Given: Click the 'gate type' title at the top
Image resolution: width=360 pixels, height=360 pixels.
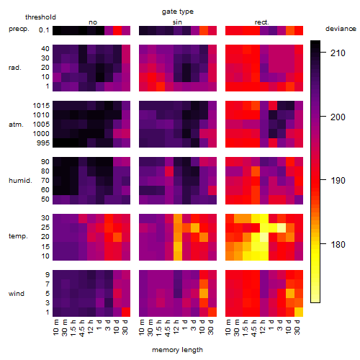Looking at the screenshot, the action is [178, 12].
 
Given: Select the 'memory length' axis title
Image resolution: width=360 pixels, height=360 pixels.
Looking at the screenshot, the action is [177, 350].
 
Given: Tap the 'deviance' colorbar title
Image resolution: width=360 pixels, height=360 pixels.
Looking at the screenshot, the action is [341, 29].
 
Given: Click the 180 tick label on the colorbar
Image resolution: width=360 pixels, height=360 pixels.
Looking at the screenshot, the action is [338, 245].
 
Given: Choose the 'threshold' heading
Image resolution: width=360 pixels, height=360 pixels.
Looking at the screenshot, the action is [40, 17].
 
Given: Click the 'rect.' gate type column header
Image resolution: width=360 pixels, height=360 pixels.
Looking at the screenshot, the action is [261, 22].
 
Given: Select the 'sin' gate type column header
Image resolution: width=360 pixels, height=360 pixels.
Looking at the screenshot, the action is [177, 22].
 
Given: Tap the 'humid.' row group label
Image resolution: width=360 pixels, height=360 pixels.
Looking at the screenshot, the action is [20, 181].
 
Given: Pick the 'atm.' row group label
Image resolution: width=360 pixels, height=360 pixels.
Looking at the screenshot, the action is [16, 125].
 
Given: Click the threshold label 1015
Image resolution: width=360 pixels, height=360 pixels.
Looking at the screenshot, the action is [41, 106].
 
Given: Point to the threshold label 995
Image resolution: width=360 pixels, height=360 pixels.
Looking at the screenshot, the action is [43, 143].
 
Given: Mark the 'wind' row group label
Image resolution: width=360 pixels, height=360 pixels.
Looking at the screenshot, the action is [17, 294].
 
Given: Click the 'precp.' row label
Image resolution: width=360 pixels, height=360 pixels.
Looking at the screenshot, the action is [19, 29].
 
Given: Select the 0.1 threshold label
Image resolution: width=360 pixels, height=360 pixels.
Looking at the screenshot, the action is [44, 30].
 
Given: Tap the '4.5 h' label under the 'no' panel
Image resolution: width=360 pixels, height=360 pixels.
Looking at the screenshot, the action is [81, 328].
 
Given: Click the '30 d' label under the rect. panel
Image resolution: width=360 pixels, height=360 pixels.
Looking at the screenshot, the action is [297, 327].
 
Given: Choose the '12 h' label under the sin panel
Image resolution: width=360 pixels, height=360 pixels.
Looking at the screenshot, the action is [176, 327].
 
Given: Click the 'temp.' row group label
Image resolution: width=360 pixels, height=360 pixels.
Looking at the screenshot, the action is [18, 236].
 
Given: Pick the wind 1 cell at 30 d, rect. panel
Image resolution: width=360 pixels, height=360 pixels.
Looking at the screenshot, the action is [299, 312].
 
